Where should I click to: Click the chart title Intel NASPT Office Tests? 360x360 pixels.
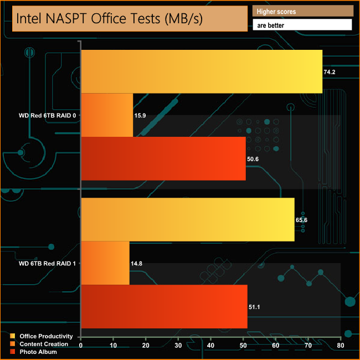coord(109,19)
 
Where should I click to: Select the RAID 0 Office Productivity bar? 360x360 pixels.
coord(202,71)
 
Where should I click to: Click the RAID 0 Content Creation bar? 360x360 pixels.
coord(107,115)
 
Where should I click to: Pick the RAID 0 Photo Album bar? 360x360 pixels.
coord(163,158)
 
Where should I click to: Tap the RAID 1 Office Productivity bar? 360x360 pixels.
coord(188,219)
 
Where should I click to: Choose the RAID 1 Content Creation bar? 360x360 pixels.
coord(105,263)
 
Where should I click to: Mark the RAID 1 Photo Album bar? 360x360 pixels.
coord(164,306)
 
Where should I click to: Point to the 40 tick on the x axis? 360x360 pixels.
coord(210,346)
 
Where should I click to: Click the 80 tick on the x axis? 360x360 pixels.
coord(340,346)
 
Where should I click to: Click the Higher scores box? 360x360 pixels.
coord(302,11)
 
